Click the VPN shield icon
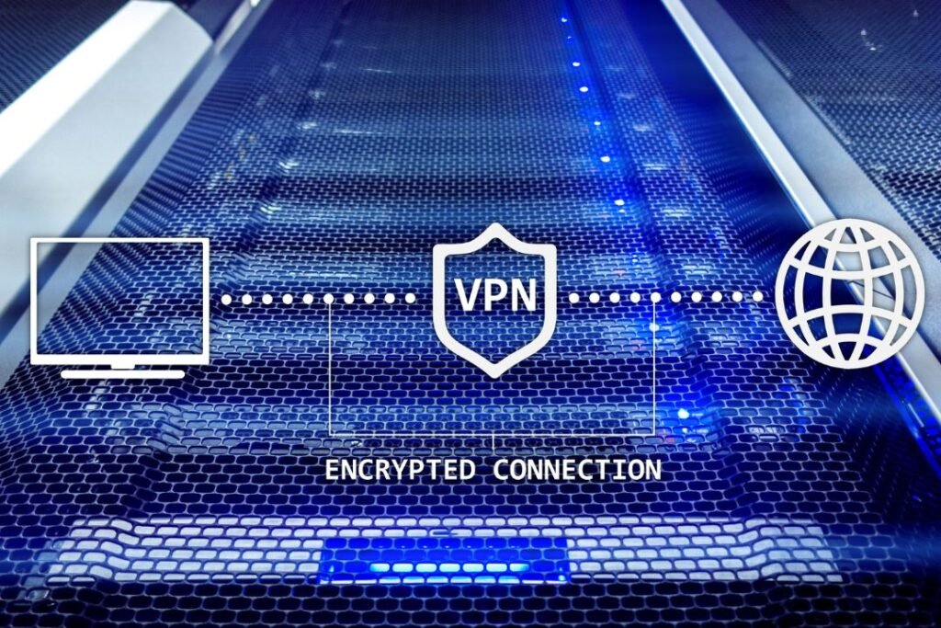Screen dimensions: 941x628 pyautogui.click(x=495, y=300)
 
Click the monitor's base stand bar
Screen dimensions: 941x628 pyautogui.click(x=123, y=374)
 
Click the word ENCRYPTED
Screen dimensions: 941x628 pyautogui.click(x=400, y=470)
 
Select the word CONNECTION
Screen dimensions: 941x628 pyautogui.click(x=577, y=470)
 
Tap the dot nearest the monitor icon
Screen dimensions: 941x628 pyautogui.click(x=227, y=298)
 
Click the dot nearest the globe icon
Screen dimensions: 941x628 pyautogui.click(x=758, y=297)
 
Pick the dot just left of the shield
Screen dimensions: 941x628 pyautogui.click(x=411, y=298)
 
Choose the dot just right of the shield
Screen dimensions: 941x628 pyautogui.click(x=574, y=297)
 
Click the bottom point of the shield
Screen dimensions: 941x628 pyautogui.click(x=494, y=377)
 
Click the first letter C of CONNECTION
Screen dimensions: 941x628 pyautogui.click(x=501, y=470)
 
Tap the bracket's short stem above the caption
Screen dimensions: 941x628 pyautogui.click(x=493, y=442)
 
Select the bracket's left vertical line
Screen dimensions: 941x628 pyautogui.click(x=331, y=366)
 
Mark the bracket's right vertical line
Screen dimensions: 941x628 pyautogui.click(x=653, y=366)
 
